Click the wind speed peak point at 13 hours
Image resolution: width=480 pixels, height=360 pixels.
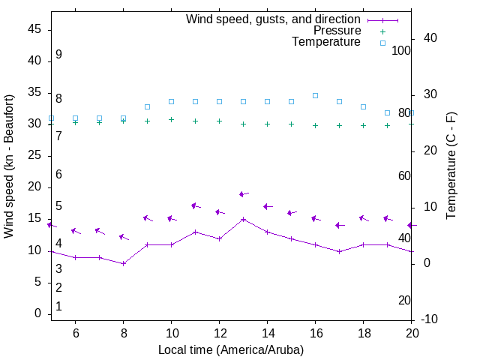(x=243, y=220)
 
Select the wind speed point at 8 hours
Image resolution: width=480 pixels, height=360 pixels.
(x=123, y=263)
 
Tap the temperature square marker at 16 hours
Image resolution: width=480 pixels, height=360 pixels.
(x=315, y=96)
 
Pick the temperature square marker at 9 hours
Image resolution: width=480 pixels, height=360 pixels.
(x=147, y=107)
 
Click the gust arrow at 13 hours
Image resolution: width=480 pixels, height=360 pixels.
(x=244, y=194)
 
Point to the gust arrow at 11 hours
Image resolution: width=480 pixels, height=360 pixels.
(x=196, y=206)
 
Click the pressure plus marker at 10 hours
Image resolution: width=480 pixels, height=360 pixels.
(x=171, y=119)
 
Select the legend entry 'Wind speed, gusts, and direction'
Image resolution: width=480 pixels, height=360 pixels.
(x=273, y=19)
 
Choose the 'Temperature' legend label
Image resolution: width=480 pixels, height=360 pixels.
(x=326, y=42)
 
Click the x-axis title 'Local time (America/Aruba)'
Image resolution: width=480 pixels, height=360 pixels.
(x=231, y=349)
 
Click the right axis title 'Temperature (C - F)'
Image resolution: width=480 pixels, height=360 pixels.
(x=451, y=166)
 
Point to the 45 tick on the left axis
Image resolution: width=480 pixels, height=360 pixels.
(x=34, y=28)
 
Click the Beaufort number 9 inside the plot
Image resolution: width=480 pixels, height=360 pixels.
(x=58, y=55)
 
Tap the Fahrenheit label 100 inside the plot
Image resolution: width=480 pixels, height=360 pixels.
(x=401, y=50)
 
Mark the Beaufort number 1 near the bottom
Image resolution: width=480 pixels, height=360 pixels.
(x=58, y=307)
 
